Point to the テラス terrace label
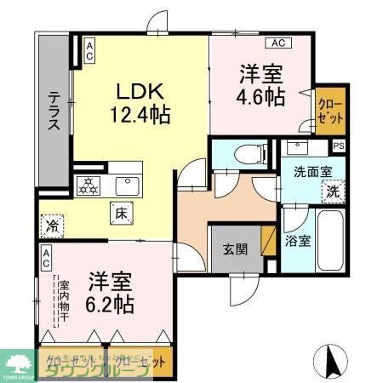coord(54,111)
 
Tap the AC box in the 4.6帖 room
coord(277,42)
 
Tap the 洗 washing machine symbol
coord(334,191)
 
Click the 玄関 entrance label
coord(235,249)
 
